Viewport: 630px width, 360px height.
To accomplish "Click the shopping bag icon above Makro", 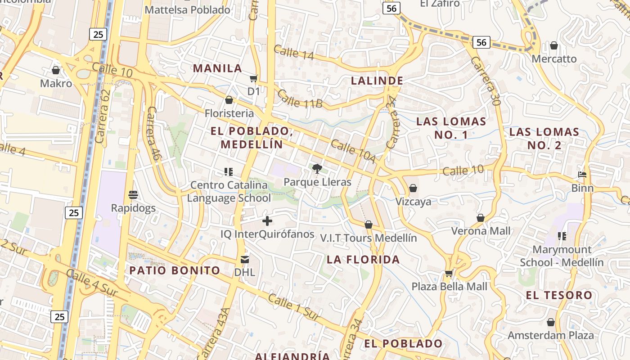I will click(x=56, y=70).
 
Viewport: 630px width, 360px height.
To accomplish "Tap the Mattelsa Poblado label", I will click(x=188, y=9).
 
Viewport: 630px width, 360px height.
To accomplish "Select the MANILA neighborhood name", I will click(x=218, y=68).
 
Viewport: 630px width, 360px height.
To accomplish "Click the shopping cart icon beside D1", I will click(x=254, y=78).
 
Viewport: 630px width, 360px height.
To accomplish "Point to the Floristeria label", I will click(x=229, y=113).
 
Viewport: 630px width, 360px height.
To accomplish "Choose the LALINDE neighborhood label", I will click(x=377, y=81).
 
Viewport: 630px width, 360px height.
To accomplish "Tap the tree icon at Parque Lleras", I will click(x=317, y=169).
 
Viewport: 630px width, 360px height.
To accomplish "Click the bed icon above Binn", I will click(x=582, y=175).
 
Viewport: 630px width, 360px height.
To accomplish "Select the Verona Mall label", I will click(x=481, y=231).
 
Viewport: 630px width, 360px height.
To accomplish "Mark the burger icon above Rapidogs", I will click(x=133, y=195).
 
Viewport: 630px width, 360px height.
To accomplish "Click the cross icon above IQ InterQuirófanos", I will click(x=267, y=221).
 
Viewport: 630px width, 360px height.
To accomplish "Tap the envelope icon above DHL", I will click(x=244, y=260).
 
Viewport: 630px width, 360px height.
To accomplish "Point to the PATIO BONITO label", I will click(x=175, y=270).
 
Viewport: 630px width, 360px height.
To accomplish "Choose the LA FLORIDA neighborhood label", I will click(x=363, y=260).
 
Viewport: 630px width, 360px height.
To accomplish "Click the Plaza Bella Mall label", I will click(x=449, y=287).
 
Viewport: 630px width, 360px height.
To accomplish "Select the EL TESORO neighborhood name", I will click(x=559, y=296).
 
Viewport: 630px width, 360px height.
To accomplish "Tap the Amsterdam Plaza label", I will click(x=551, y=335).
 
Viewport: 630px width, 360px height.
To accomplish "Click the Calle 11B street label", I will click(x=300, y=99).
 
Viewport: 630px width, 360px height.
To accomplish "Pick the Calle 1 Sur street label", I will click(x=294, y=307).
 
